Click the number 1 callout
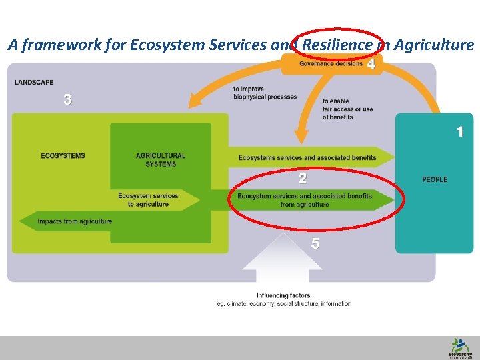pyautogui.click(x=459, y=132)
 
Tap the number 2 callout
pyautogui.click(x=303, y=178)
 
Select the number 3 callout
pyautogui.click(x=67, y=100)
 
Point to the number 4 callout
pyautogui.click(x=371, y=65)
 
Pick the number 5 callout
pyautogui.click(x=315, y=244)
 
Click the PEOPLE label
pyautogui.click(x=435, y=179)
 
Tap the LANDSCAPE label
pyautogui.click(x=34, y=83)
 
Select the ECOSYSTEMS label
pyautogui.click(x=63, y=156)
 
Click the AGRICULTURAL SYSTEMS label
pyautogui.click(x=161, y=160)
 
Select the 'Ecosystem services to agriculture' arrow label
pyautogui.click(x=148, y=200)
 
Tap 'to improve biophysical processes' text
pyautogui.click(x=265, y=93)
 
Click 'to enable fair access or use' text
pyautogui.click(x=347, y=109)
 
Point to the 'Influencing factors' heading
pyautogui.click(x=283, y=295)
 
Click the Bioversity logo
pyautogui.click(x=459, y=347)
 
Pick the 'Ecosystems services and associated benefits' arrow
pyautogui.click(x=307, y=158)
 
